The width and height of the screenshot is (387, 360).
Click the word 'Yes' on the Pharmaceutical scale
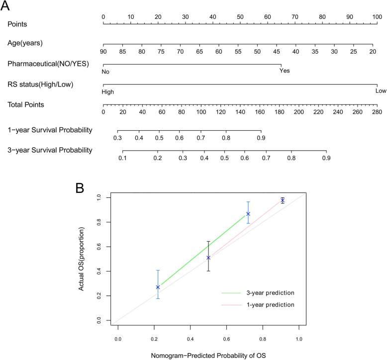pyautogui.click(x=284, y=71)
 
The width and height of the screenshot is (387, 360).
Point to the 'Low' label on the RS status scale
pyautogui.click(x=381, y=91)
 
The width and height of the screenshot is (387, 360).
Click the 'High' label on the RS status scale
pyautogui.click(x=107, y=92)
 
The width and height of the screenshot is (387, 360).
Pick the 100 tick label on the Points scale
pyautogui.click(x=377, y=17)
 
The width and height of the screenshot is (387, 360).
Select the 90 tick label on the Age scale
pyautogui.click(x=103, y=51)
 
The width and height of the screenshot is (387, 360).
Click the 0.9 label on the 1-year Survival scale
pyautogui.click(x=261, y=137)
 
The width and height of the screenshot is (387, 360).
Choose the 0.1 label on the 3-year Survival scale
pyautogui.click(x=122, y=158)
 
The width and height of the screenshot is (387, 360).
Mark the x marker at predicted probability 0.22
pyautogui.click(x=158, y=287)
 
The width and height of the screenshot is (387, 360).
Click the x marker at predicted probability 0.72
pyautogui.click(x=248, y=214)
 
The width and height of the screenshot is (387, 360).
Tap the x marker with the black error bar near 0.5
pyautogui.click(x=208, y=258)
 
